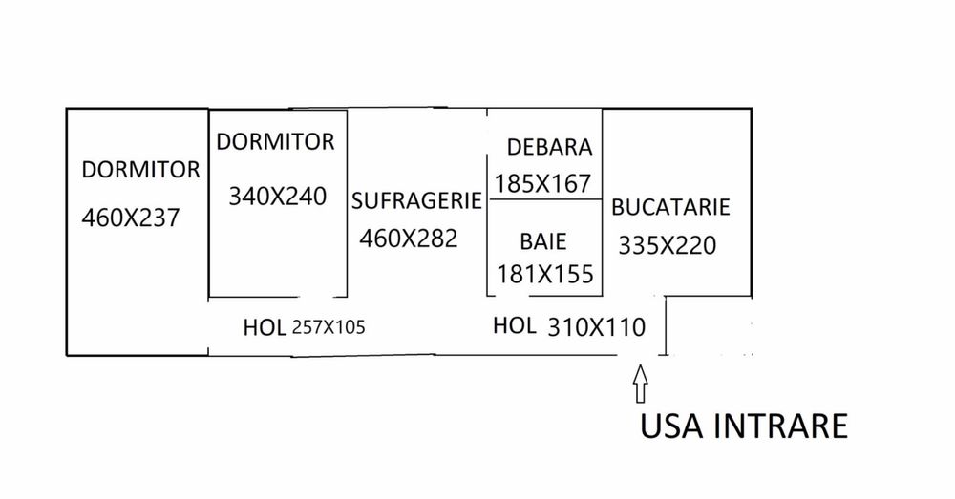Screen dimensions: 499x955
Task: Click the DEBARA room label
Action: click(x=550, y=147)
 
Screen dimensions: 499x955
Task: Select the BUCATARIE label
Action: click(x=670, y=207)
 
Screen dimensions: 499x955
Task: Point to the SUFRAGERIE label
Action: click(x=414, y=201)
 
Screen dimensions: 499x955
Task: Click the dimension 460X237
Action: click(x=131, y=217)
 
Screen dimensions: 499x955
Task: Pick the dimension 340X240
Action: click(x=277, y=197)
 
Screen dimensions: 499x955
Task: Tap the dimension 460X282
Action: click(x=409, y=238)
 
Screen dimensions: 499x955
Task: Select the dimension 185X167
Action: click(x=544, y=182)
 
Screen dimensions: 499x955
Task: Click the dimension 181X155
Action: click(x=545, y=273)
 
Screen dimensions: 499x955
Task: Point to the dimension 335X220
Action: click(x=667, y=244)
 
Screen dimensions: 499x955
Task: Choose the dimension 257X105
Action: click(x=329, y=328)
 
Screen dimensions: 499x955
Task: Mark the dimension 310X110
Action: click(x=597, y=326)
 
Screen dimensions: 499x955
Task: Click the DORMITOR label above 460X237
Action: click(x=140, y=170)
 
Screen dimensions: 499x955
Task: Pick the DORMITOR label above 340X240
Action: click(x=276, y=142)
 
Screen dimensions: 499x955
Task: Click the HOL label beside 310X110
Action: click(x=514, y=325)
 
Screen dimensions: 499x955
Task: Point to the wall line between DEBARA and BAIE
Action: click(x=545, y=199)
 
